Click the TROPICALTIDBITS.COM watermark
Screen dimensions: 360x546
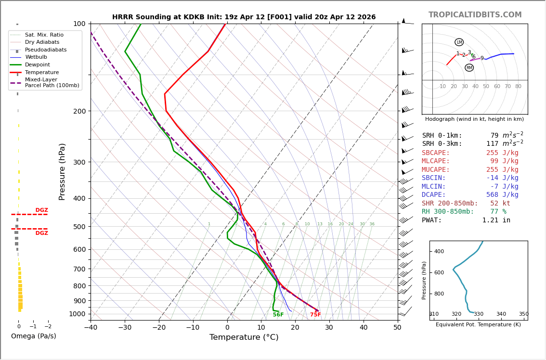[x=475, y=15]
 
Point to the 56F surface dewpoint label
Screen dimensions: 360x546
[x=278, y=315]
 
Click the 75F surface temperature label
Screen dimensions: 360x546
[x=315, y=315]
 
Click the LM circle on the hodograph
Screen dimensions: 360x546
[x=459, y=42]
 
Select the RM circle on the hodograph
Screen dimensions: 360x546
[x=469, y=68]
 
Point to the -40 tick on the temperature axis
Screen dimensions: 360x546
[x=91, y=328]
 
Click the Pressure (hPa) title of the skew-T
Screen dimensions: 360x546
[x=62, y=171]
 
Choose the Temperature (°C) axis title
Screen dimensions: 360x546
[x=244, y=337]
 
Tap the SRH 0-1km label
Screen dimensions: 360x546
[x=442, y=136]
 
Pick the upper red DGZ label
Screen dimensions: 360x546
[x=41, y=210]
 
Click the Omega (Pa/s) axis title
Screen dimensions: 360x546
[x=33, y=336]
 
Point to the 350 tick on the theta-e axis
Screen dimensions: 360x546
[x=523, y=314]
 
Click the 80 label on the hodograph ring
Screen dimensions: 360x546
[x=518, y=87]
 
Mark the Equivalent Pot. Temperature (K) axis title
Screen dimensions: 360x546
[x=478, y=325]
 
